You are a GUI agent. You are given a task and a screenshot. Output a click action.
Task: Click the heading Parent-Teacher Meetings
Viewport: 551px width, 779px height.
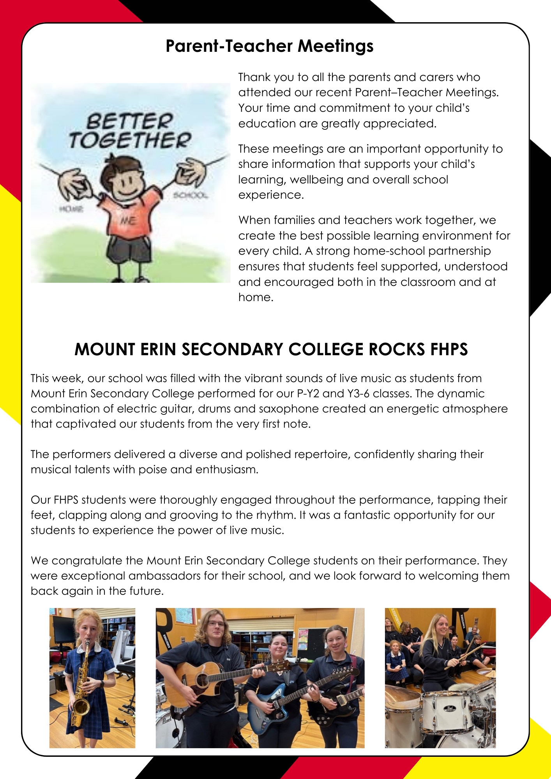[269, 46]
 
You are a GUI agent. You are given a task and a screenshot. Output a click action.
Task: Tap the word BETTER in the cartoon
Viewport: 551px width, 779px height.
[130, 122]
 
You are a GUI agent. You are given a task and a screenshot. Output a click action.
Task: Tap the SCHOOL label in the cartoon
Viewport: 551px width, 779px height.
[190, 195]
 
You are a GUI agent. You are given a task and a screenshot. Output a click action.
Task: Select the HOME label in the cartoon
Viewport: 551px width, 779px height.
[71, 210]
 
